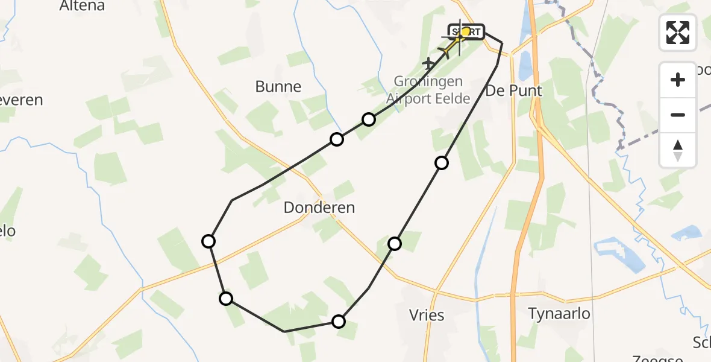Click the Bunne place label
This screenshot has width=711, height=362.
(x=278, y=86)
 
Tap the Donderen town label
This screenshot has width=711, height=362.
(x=319, y=208)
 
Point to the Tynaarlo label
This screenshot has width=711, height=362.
(x=559, y=314)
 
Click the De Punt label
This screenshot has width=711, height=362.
(x=513, y=91)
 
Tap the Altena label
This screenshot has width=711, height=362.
(x=82, y=6)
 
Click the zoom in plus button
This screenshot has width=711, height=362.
(x=678, y=80)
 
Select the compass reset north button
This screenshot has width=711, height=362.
(x=678, y=150)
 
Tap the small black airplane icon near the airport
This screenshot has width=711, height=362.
(x=428, y=63)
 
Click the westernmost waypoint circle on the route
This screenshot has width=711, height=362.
(x=208, y=241)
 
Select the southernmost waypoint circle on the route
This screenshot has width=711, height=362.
(x=339, y=321)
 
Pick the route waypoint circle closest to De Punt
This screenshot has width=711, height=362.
(x=442, y=162)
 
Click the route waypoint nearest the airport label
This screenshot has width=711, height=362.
(x=368, y=119)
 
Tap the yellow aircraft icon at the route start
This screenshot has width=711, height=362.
(x=454, y=45)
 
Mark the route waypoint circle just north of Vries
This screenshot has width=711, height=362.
(x=395, y=243)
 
